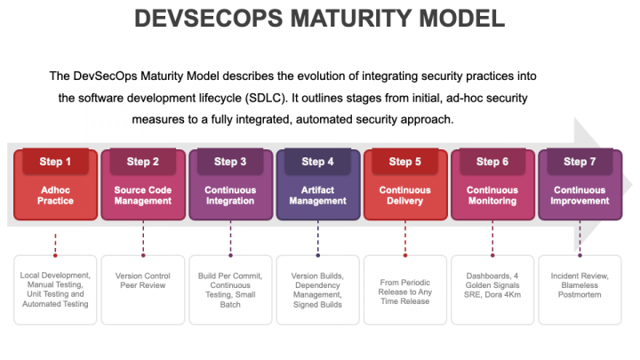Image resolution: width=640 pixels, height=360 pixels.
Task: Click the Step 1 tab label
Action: (55, 162)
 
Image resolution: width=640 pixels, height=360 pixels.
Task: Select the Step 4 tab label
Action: (317, 162)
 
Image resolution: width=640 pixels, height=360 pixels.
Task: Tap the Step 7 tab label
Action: (580, 162)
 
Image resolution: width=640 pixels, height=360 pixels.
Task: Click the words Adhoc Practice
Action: (55, 196)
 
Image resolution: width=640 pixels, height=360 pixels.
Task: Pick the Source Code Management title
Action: (143, 196)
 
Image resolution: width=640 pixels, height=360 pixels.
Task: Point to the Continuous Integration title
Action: (230, 196)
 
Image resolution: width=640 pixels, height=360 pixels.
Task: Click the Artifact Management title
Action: (317, 196)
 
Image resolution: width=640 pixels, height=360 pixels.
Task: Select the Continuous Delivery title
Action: (405, 196)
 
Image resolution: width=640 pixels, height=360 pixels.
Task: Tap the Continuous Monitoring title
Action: (492, 196)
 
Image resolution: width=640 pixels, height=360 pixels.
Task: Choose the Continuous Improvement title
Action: (580, 196)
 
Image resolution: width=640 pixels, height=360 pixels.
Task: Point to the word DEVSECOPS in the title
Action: (209, 19)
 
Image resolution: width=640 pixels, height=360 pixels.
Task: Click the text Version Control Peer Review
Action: (143, 280)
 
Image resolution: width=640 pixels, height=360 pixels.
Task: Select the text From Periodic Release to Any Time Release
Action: (405, 292)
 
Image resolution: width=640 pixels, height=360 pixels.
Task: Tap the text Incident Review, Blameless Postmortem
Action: (580, 285)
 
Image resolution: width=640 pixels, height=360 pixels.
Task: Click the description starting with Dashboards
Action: (492, 285)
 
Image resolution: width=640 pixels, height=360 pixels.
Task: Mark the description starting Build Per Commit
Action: (230, 290)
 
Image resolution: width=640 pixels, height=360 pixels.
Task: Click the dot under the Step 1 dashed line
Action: (55, 255)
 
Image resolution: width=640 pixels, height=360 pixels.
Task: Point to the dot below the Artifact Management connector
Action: (317, 255)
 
